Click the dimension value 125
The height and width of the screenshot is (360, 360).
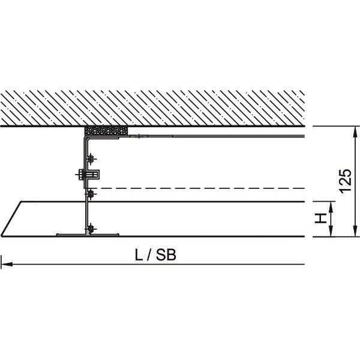(x=346, y=181)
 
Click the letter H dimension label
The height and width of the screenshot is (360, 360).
(x=321, y=218)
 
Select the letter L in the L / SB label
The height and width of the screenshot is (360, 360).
(x=139, y=255)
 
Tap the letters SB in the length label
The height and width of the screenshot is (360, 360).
(x=166, y=255)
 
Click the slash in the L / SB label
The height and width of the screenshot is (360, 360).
(x=149, y=255)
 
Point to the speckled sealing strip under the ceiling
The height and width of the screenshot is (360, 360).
(x=106, y=131)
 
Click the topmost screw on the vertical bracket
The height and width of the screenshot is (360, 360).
(x=91, y=158)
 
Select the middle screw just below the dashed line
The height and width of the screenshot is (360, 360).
(x=91, y=194)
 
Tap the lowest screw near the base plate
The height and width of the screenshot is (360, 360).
(x=91, y=229)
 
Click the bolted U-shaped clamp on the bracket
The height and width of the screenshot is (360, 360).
(x=88, y=175)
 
